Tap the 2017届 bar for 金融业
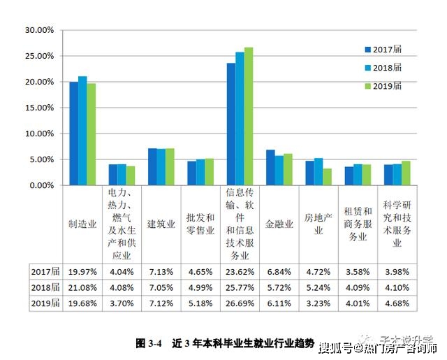pos(270,168)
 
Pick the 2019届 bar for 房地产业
pos(327,177)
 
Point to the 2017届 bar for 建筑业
pos(152,167)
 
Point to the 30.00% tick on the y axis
pos(39,31)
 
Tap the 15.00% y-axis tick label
pos(39,108)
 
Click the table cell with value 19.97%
pos(82,271)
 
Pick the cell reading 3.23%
pos(318,303)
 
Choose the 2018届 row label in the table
pos(46,287)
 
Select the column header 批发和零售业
pos(200,224)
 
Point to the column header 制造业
pos(82,224)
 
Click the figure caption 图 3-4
pos(148,343)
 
